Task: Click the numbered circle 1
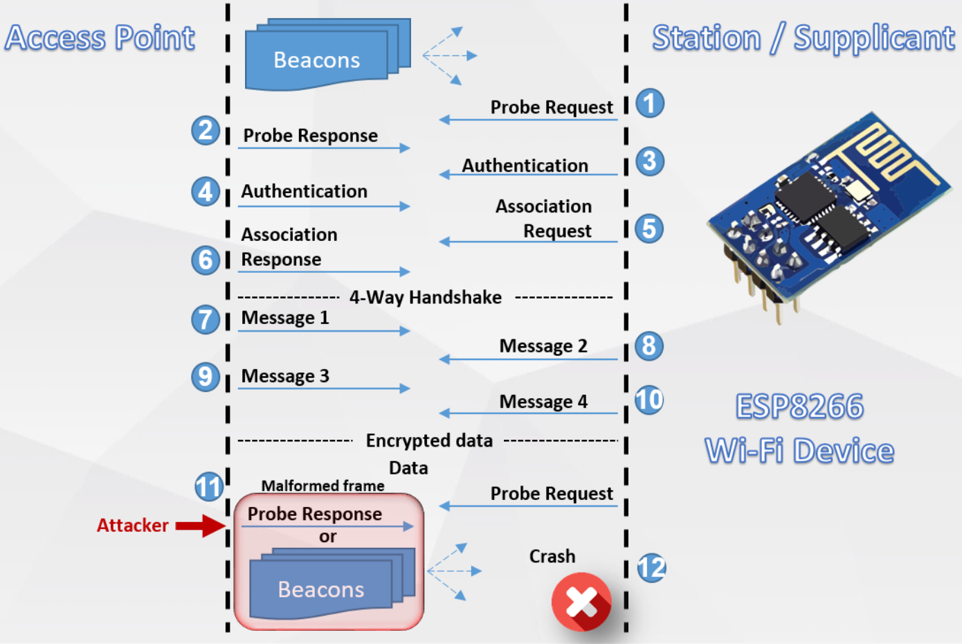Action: pos(649,103)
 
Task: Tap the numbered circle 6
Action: pos(206,260)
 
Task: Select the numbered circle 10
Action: pos(649,400)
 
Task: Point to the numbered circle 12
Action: pos(651,568)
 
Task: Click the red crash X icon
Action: pos(581,601)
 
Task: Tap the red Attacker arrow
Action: pos(200,526)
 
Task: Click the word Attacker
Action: pos(132,526)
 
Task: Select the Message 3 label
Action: pos(285,376)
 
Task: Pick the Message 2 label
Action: pos(543,346)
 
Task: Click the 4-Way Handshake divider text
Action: pos(425,297)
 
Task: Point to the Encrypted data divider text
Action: pos(429,440)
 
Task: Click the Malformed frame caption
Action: pos(323,486)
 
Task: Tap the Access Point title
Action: pos(100,37)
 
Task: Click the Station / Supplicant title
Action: pos(803,38)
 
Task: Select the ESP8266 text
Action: pos(799,406)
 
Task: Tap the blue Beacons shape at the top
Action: pos(317,60)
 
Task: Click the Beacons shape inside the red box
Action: pos(321,589)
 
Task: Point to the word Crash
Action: pos(552,556)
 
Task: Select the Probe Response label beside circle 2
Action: pos(310,136)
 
